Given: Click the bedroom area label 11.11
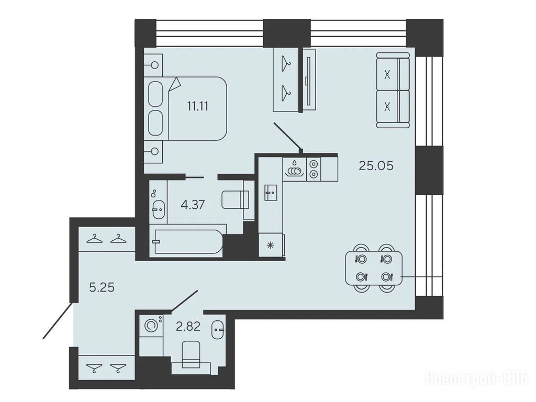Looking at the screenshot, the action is (197, 106).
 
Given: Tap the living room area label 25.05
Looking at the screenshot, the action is (376, 166).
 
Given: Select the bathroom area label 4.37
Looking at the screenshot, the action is (193, 205).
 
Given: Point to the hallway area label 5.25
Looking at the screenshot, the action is (102, 287).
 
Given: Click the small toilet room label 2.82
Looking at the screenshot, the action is (188, 327).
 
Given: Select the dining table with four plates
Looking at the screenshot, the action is (374, 268).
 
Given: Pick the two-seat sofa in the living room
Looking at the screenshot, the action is (393, 90).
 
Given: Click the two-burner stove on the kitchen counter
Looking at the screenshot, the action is (314, 169).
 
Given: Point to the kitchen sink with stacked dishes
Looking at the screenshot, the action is (295, 169).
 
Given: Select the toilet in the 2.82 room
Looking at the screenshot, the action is (191, 355).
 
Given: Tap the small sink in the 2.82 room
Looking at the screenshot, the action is (218, 330).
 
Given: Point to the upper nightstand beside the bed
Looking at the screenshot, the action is (153, 64).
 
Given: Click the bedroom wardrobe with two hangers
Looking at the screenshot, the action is (286, 80).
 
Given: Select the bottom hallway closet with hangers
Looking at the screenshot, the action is (107, 367).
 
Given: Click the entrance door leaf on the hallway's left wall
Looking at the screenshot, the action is (58, 320).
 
